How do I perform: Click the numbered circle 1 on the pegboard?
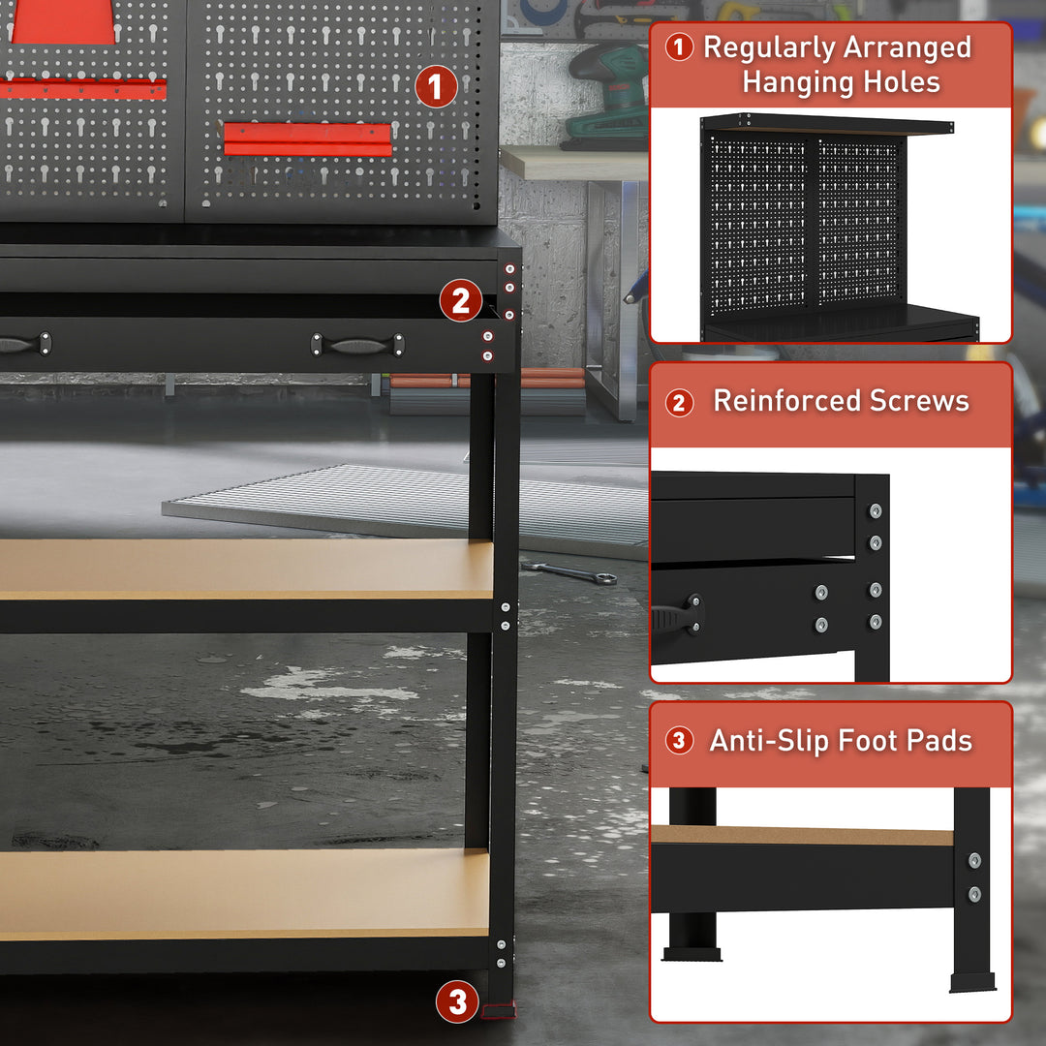[436, 87]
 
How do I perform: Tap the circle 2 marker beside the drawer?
[460, 301]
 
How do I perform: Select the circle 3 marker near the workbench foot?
[457, 1001]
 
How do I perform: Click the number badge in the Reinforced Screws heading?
[679, 402]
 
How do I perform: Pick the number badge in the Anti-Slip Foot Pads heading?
[679, 742]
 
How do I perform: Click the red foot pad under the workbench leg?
[499, 1011]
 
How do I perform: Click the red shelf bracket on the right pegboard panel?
[308, 138]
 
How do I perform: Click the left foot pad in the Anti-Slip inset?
[692, 954]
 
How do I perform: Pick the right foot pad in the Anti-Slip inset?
[972, 982]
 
